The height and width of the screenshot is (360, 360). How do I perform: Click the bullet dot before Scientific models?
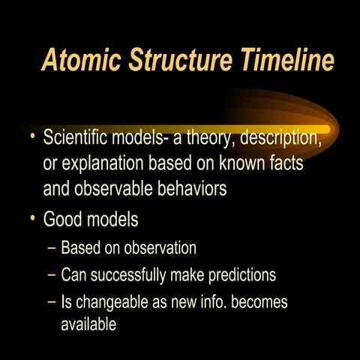click(32, 138)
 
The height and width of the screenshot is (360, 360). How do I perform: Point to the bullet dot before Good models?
click(32, 220)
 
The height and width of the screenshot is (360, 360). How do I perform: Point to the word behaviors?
click(187, 188)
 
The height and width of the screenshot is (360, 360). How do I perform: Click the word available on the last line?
click(88, 325)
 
